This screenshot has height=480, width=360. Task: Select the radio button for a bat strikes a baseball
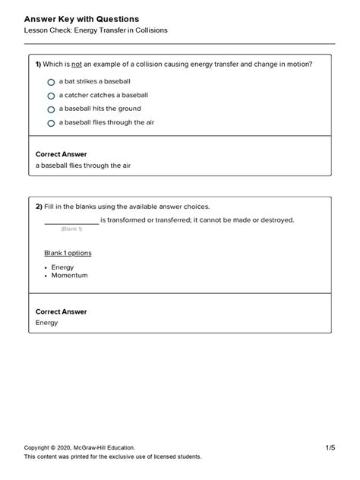[x=51, y=82]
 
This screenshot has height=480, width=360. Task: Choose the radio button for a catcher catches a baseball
[x=51, y=96]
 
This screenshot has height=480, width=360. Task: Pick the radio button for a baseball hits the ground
[x=51, y=109]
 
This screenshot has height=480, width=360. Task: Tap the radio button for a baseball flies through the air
[x=51, y=123]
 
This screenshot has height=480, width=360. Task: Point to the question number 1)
[x=39, y=65]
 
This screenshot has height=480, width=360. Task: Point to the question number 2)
[x=39, y=207]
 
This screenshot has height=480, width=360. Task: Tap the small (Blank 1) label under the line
[x=71, y=229]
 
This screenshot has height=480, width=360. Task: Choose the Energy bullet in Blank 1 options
[x=62, y=267]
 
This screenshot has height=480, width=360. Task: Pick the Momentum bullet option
[x=69, y=275]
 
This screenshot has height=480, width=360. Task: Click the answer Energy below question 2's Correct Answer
[x=47, y=323]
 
